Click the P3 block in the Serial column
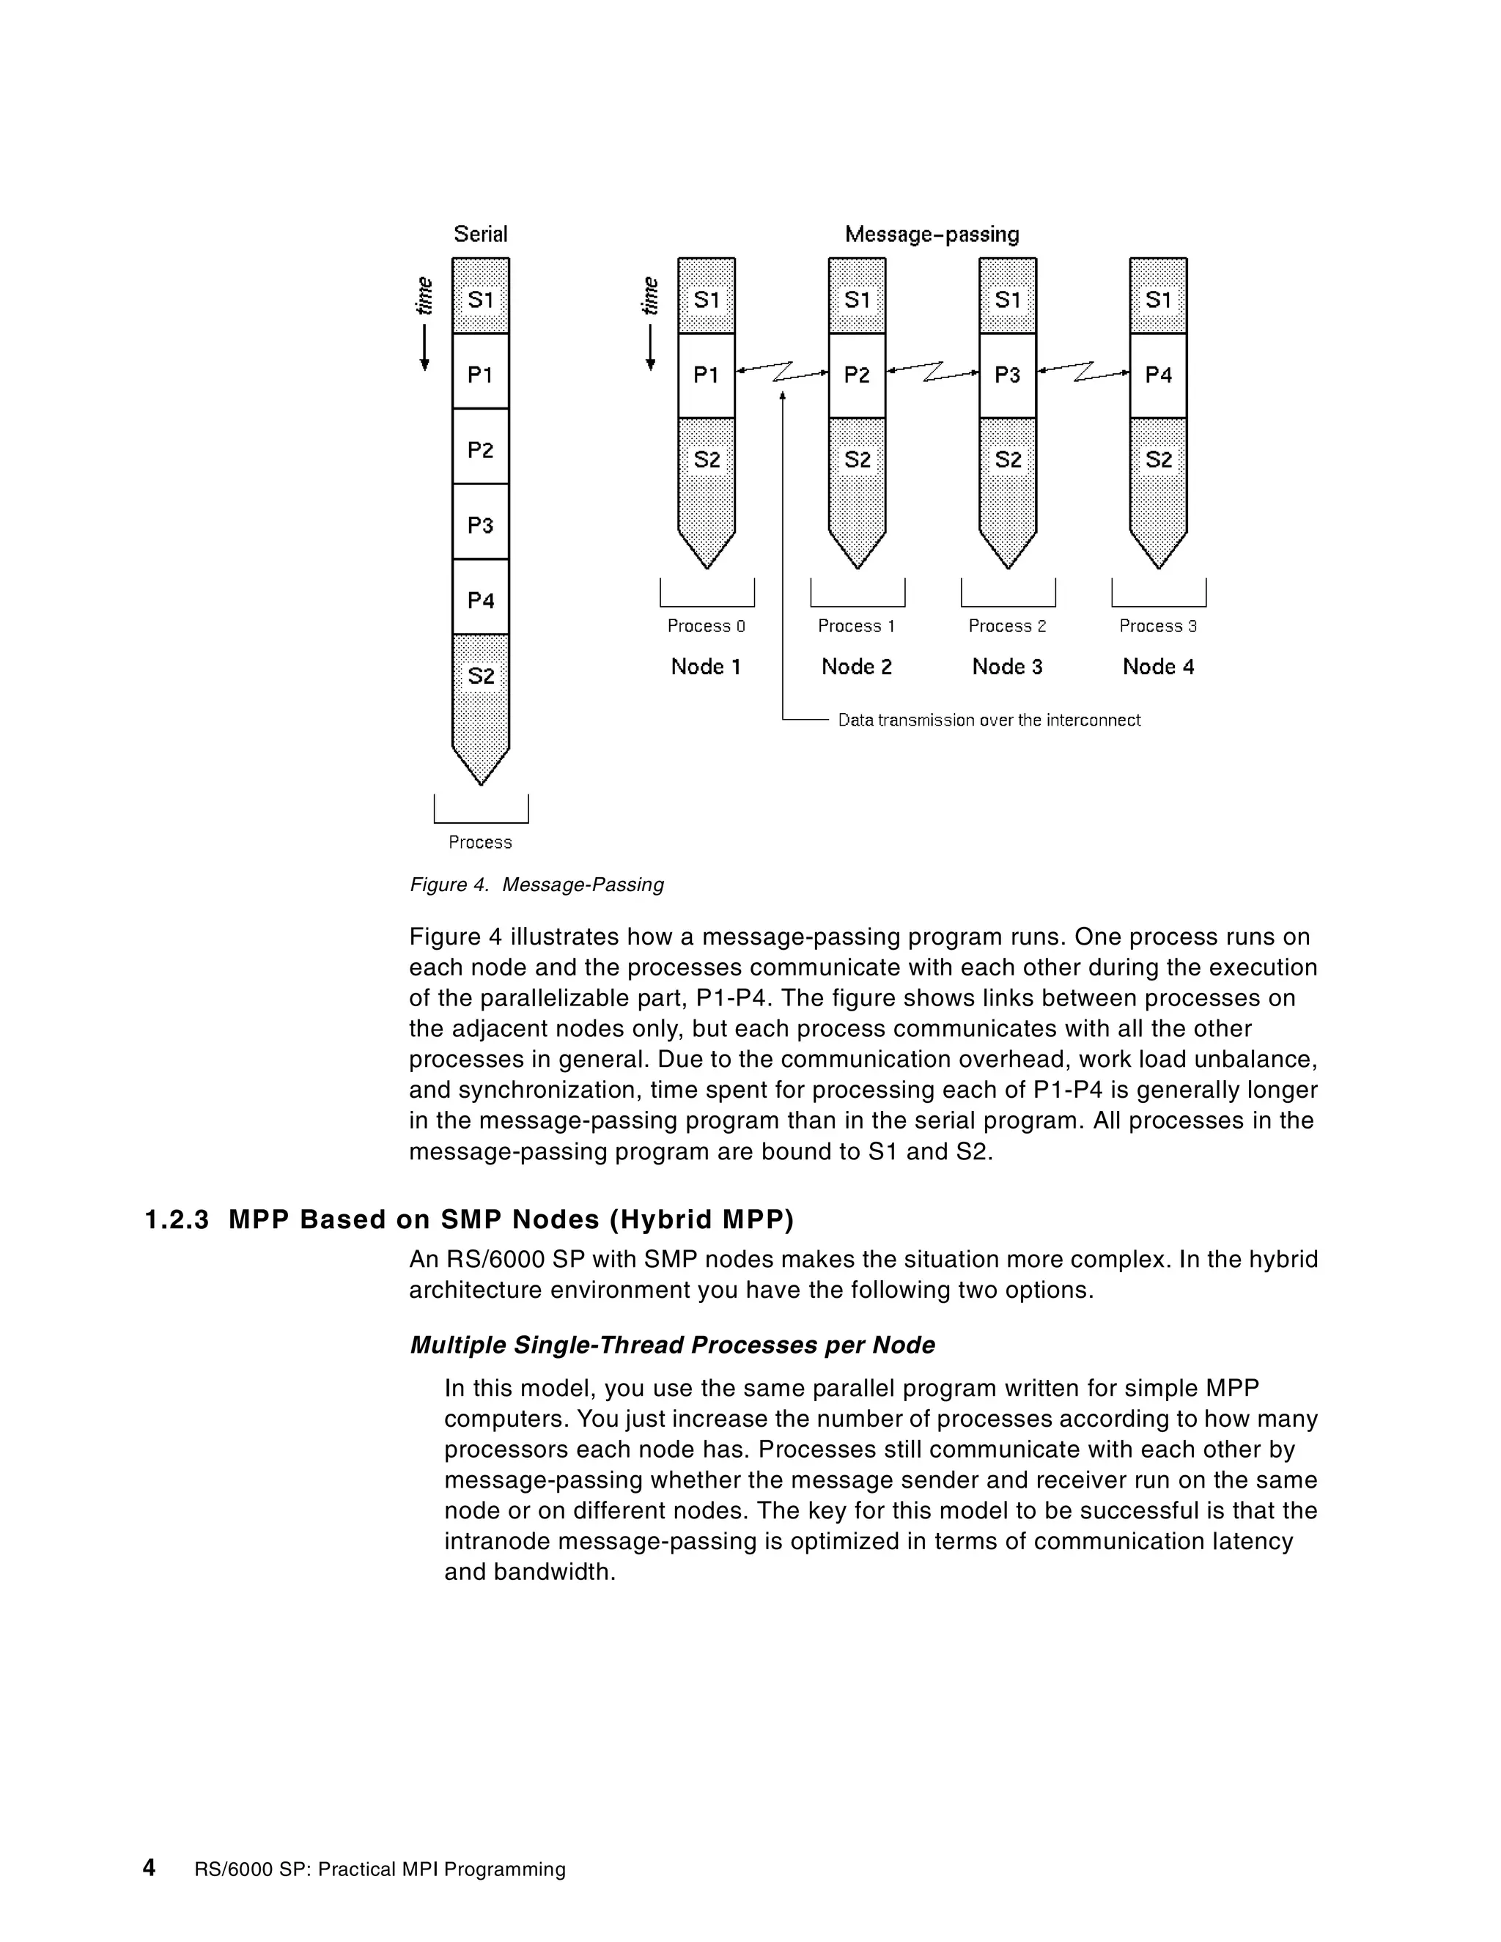click(480, 525)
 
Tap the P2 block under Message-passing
click(856, 375)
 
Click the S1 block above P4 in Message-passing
click(1158, 300)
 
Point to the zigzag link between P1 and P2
click(783, 372)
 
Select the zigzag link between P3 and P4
click(1083, 372)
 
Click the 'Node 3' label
click(1006, 667)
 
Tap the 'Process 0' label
click(706, 626)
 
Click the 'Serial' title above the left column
click(480, 234)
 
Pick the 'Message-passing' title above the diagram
click(931, 234)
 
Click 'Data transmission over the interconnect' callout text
click(989, 720)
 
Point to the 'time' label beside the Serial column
click(425, 296)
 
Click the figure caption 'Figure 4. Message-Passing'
click(536, 885)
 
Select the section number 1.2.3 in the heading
click(176, 1220)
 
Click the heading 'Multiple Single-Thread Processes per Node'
click(672, 1345)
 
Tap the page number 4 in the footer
click(150, 1868)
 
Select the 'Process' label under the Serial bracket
click(480, 842)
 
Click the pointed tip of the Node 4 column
click(1158, 562)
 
